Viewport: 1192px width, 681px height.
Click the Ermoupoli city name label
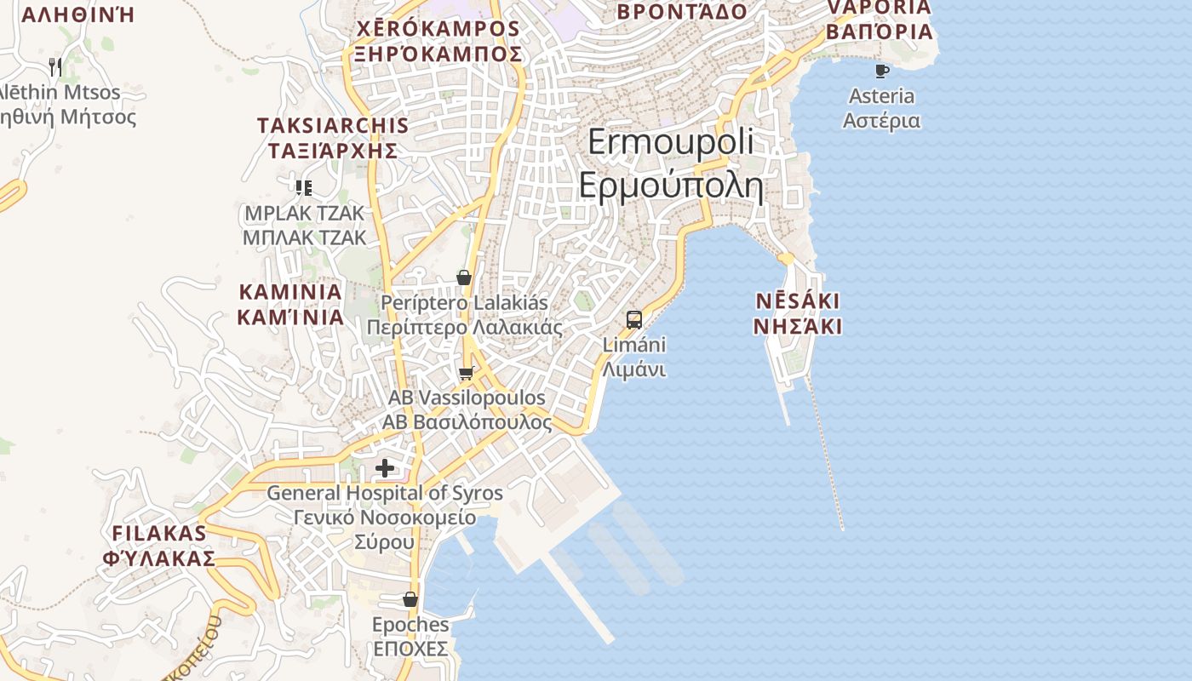[x=670, y=142]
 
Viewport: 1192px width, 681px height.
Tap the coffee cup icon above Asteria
[x=882, y=71]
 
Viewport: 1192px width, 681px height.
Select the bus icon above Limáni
[x=634, y=320]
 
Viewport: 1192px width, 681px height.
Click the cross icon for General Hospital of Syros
[x=385, y=467]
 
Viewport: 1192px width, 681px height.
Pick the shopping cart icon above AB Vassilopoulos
[x=466, y=373]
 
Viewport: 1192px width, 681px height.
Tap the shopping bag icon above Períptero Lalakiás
[x=464, y=278]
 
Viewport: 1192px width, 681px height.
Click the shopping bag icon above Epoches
[x=410, y=599]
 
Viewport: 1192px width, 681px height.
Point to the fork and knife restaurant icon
[x=55, y=66]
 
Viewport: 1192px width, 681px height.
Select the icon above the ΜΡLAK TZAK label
[x=304, y=187]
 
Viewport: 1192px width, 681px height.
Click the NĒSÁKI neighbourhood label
[x=798, y=301]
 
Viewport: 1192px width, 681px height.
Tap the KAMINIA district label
[x=290, y=292]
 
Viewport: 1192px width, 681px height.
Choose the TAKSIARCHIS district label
[x=333, y=126]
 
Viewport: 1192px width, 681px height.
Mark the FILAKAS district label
[x=159, y=534]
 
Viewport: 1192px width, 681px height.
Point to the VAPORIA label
[x=880, y=8]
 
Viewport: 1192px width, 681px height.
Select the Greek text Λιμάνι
[x=633, y=370]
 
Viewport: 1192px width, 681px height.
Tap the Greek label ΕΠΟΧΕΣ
[x=410, y=650]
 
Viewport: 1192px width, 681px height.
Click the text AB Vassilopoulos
[x=467, y=398]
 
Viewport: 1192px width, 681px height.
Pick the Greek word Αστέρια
[x=881, y=120]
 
